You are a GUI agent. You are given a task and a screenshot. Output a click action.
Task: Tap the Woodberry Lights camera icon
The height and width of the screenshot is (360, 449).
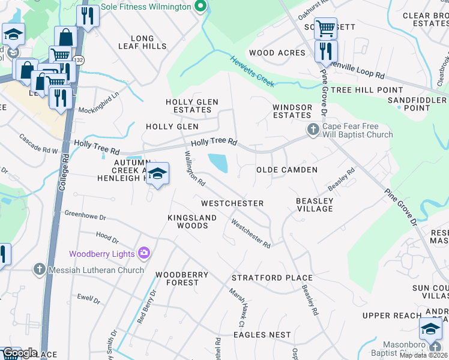pyautogui.click(x=143, y=254)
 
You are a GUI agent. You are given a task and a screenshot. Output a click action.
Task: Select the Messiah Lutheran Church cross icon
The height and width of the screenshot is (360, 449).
pyautogui.click(x=40, y=270)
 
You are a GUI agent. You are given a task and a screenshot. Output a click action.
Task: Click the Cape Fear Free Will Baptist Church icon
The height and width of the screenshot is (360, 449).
pyautogui.click(x=312, y=130)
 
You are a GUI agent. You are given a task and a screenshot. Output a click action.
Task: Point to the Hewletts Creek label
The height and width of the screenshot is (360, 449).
pyautogui.click(x=252, y=70)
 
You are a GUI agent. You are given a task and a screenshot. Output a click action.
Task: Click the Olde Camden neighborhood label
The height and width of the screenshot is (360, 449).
pyautogui.click(x=287, y=170)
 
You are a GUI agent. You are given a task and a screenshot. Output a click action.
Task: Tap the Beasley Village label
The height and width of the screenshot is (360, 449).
pyautogui.click(x=315, y=205)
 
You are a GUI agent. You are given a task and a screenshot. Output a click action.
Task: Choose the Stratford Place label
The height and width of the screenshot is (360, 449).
pyautogui.click(x=272, y=278)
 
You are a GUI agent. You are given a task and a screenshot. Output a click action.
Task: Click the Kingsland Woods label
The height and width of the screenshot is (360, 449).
pyautogui.click(x=187, y=221)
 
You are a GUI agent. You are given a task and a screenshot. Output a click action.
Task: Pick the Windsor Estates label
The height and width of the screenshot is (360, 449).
pyautogui.click(x=292, y=111)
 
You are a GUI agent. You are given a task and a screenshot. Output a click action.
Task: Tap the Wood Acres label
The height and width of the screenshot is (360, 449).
pyautogui.click(x=277, y=53)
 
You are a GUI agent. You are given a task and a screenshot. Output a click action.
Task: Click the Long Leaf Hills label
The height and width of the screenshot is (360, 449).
pyautogui.click(x=142, y=42)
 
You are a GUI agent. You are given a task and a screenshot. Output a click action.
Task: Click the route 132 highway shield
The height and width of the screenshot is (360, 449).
pyautogui.click(x=79, y=60)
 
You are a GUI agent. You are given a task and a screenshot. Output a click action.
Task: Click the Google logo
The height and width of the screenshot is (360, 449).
pyautogui.click(x=20, y=353)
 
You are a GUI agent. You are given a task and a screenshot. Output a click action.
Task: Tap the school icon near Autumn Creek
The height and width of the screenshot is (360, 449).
pyautogui.click(x=157, y=174)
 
